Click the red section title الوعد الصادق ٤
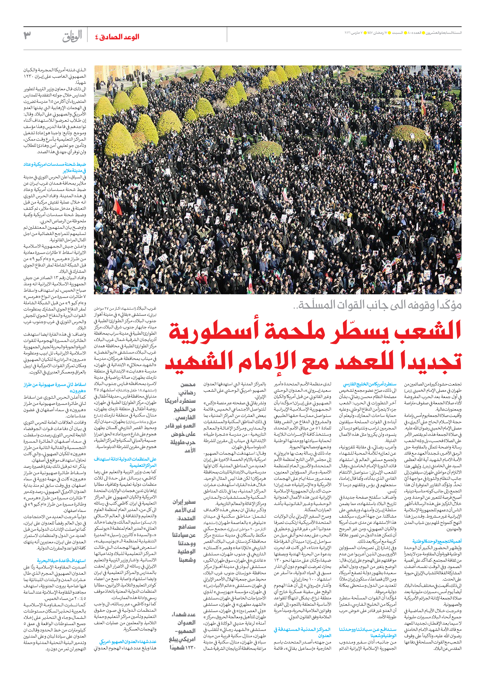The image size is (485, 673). click(117, 37)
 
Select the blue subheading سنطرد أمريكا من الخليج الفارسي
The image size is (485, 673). click(370, 384)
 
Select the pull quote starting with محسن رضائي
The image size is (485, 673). click(180, 417)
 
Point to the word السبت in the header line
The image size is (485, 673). click(398, 32)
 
